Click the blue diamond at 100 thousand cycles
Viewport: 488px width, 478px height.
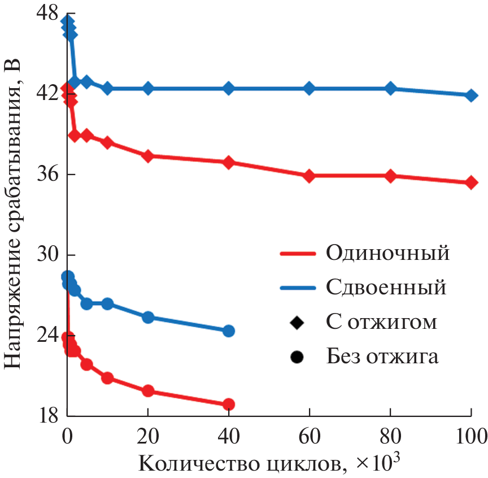point(471,95)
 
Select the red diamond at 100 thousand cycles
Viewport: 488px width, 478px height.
point(471,182)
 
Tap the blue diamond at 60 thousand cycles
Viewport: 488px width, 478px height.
point(310,88)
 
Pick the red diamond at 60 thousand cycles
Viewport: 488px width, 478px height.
point(310,176)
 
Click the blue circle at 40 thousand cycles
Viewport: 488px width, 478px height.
point(229,331)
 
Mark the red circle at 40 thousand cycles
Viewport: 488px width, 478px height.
point(229,404)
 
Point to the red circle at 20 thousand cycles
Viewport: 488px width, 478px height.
point(148,390)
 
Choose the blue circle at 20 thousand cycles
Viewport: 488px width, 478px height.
point(148,317)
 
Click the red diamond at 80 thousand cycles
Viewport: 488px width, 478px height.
point(390,176)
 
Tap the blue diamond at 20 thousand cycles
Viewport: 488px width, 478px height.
point(148,88)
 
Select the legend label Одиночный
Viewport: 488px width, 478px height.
point(387,253)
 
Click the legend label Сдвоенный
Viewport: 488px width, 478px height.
point(386,287)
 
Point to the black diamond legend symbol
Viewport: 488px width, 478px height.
point(297,322)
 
